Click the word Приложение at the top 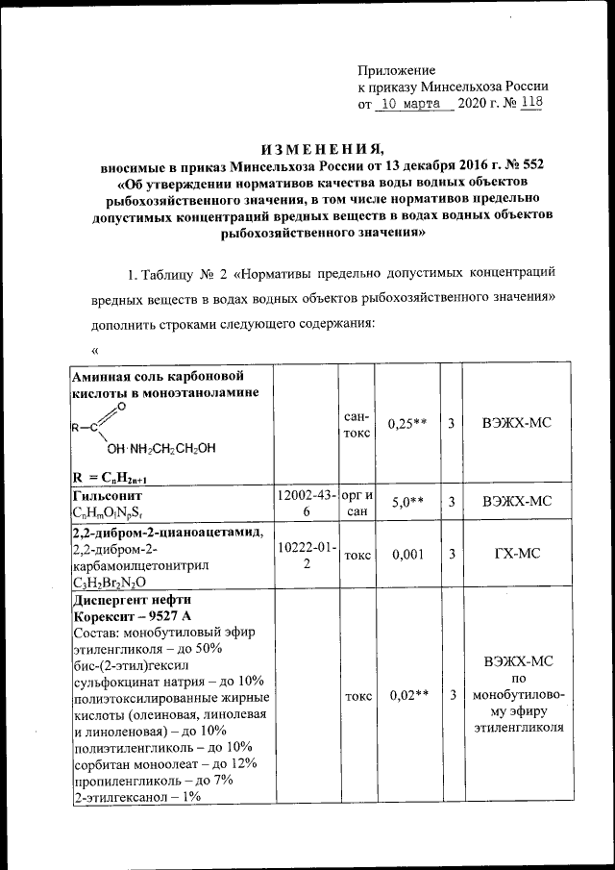(396, 70)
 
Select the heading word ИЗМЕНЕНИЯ (320, 149)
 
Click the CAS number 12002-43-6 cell (307, 503)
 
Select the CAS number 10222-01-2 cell (307, 555)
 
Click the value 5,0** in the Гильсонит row (406, 503)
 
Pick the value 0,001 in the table (406, 555)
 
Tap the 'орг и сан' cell (357, 503)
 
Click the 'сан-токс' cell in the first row (357, 424)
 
